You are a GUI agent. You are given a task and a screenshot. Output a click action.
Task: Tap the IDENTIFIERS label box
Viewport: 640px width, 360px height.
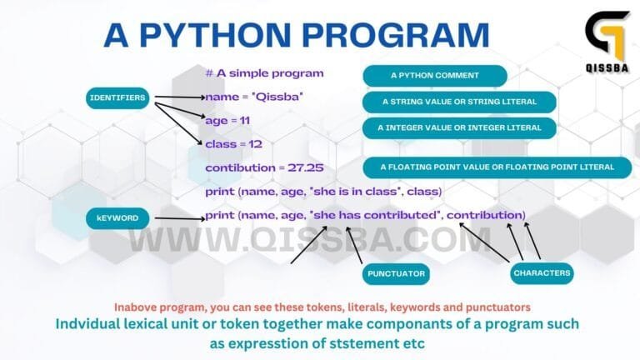pyautogui.click(x=117, y=98)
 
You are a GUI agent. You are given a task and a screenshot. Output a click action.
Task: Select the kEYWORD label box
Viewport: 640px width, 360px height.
pyautogui.click(x=117, y=218)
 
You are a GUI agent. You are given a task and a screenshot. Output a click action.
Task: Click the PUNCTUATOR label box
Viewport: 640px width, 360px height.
pyautogui.click(x=397, y=272)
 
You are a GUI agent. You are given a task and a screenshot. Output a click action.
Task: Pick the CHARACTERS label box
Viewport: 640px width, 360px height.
pyautogui.click(x=542, y=272)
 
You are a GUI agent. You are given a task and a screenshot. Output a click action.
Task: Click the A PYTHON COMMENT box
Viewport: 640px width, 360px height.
pyautogui.click(x=434, y=76)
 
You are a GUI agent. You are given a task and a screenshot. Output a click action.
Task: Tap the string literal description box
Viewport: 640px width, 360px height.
pyautogui.click(x=459, y=102)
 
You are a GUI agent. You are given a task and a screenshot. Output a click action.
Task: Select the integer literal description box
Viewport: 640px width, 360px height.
pyautogui.click(x=459, y=128)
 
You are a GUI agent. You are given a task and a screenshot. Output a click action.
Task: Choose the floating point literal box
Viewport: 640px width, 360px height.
pyautogui.click(x=497, y=167)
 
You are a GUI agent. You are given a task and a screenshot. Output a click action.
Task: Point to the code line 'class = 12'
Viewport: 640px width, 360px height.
pyautogui.click(x=233, y=144)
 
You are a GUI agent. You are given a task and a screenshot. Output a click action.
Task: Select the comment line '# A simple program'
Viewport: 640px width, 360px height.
pyautogui.click(x=264, y=73)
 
